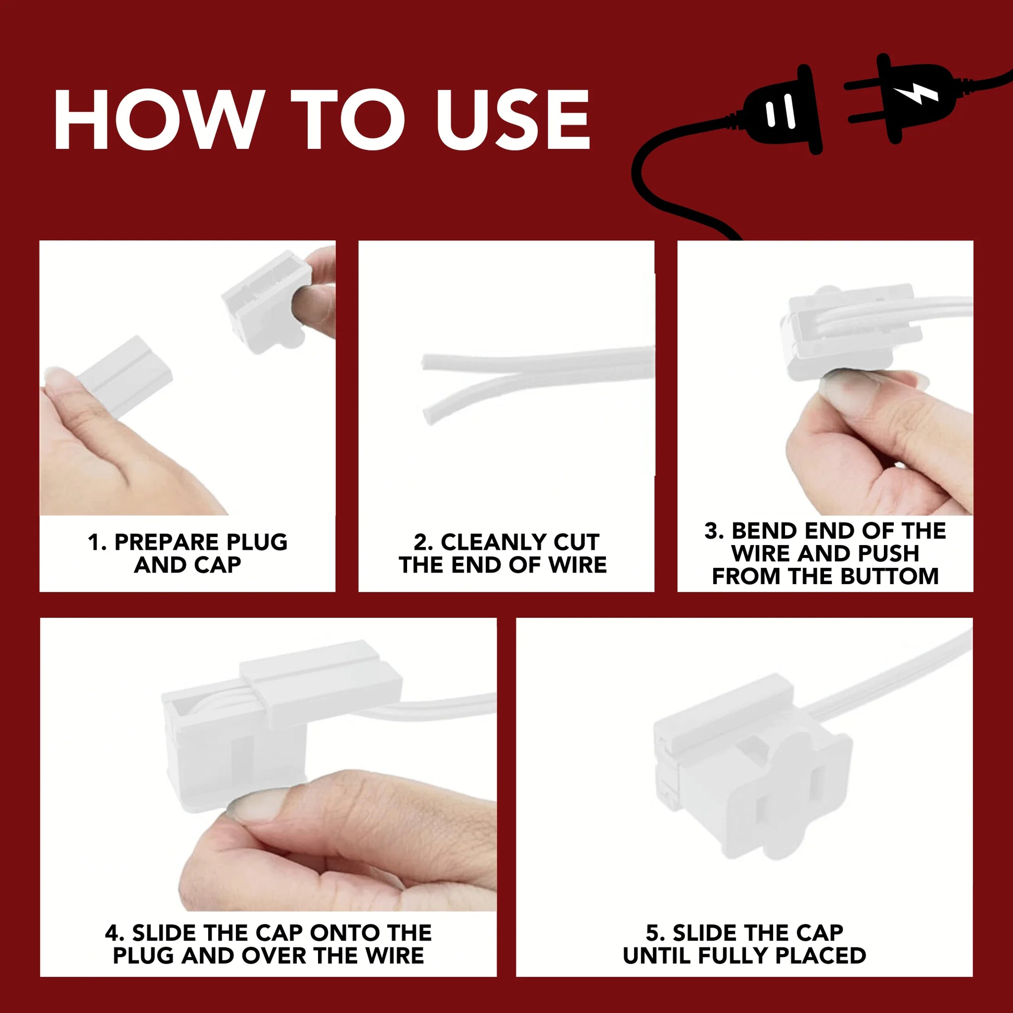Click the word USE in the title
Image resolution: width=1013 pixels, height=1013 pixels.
(x=513, y=120)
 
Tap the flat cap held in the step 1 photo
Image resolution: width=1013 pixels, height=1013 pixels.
(x=125, y=376)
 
